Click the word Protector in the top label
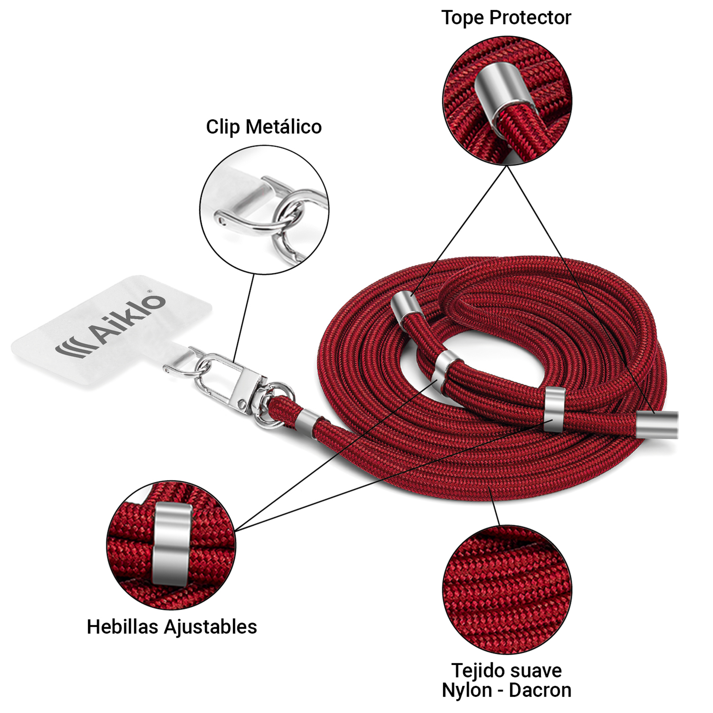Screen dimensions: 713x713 (530, 18)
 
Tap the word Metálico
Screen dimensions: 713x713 (284, 127)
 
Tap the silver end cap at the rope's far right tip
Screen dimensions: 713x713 (657, 425)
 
